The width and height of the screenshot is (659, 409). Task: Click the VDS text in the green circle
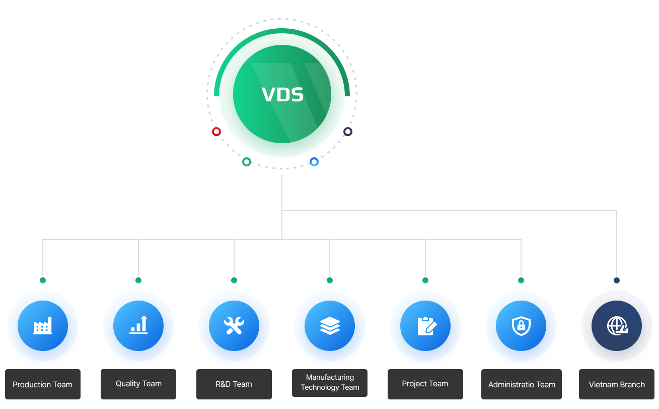[282, 95]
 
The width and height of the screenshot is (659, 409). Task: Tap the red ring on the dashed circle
[216, 128]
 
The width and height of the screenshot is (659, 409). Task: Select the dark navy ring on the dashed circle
[348, 128]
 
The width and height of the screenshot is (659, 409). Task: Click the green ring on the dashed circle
[247, 158]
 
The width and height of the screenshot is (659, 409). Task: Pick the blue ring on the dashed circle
[314, 158]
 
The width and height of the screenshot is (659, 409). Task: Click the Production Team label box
[43, 384]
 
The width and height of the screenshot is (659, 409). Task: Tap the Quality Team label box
[138, 384]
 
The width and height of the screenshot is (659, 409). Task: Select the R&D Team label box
[234, 384]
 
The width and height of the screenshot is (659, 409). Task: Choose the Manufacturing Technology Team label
[329, 383]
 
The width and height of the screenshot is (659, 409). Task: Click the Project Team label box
[425, 384]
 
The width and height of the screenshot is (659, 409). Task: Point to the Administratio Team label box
[522, 384]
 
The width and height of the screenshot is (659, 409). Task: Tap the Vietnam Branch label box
[617, 384]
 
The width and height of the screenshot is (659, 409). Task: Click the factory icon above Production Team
[43, 326]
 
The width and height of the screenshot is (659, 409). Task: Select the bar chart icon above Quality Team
[138, 325]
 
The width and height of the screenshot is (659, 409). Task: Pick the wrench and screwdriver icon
[234, 326]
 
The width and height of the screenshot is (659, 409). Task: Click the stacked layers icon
[330, 326]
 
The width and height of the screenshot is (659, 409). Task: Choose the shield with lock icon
[521, 326]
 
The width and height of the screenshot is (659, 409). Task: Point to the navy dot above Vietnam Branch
[617, 280]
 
